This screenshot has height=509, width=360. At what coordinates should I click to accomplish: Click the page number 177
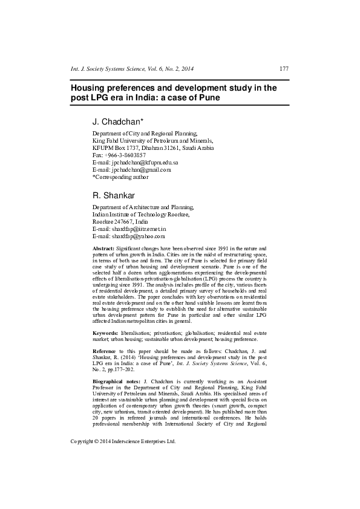tap(283, 69)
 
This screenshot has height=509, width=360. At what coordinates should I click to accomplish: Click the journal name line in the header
tap(132, 69)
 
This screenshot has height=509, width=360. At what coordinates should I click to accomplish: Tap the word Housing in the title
tap(89, 88)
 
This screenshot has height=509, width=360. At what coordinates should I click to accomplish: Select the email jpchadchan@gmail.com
tap(140, 170)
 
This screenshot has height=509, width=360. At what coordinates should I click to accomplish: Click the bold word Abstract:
tap(103, 249)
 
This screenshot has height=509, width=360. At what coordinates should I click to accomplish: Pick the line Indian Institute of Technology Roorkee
tap(141, 215)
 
